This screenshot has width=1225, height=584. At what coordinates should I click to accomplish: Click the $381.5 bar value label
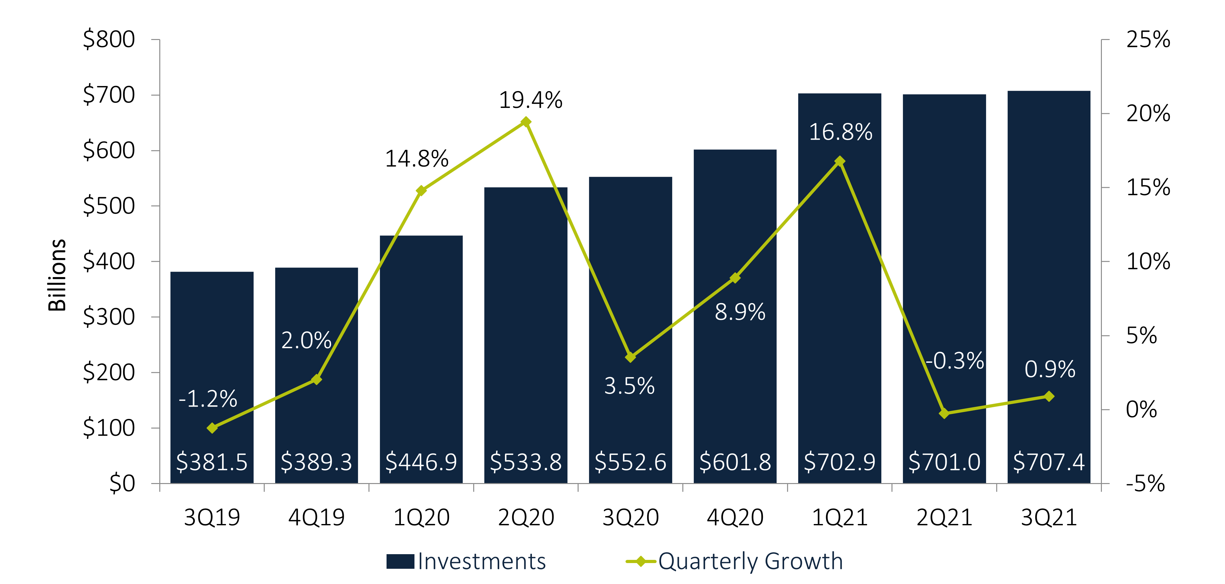[212, 462]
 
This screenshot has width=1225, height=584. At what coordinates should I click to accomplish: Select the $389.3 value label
[316, 462]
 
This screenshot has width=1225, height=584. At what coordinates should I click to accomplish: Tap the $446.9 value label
[421, 462]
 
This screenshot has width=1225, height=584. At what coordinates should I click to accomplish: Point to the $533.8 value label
[526, 462]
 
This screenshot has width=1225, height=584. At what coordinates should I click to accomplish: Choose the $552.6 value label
[630, 462]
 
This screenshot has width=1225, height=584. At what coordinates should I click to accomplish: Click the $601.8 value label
[735, 462]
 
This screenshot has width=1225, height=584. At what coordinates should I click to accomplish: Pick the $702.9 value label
[839, 462]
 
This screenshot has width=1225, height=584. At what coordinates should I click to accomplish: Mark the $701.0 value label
[944, 462]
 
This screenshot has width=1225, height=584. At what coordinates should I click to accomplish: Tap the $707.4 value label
[1049, 462]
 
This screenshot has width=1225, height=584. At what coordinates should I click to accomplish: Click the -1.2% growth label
[208, 399]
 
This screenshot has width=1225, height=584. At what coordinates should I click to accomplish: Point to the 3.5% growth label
[629, 386]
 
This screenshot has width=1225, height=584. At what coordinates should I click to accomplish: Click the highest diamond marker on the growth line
[526, 122]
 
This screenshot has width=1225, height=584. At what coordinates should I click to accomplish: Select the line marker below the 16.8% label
[840, 161]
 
